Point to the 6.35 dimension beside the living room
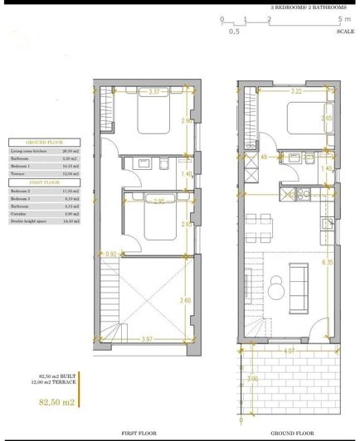pyautogui.click(x=327, y=264)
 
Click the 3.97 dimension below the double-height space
pyautogui.click(x=148, y=339)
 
